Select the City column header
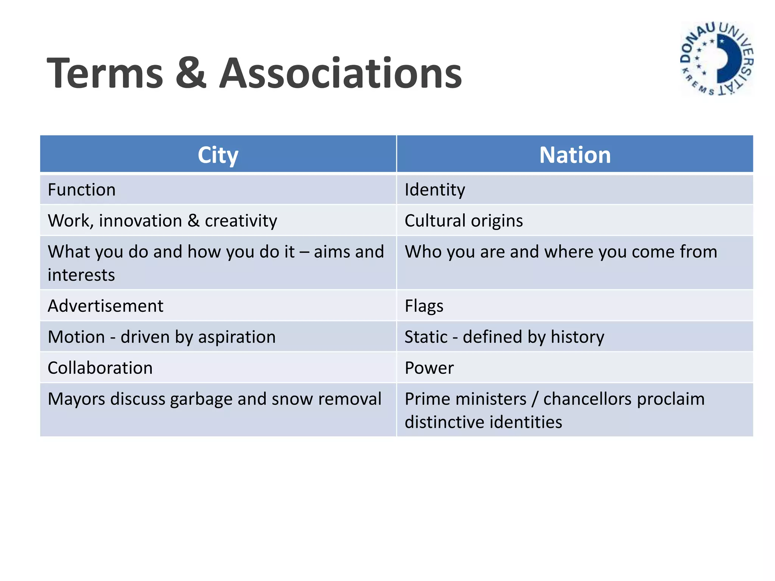(x=218, y=155)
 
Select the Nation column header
(x=575, y=155)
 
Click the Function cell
(x=82, y=190)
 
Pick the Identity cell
(x=435, y=190)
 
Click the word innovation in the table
(x=140, y=221)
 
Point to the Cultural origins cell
(x=464, y=221)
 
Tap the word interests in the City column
(x=81, y=275)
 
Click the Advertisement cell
(x=106, y=306)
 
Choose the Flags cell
(x=424, y=306)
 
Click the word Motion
(x=76, y=337)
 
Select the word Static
(x=426, y=337)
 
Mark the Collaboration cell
(x=100, y=368)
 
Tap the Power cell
(x=429, y=368)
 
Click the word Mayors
(x=76, y=399)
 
